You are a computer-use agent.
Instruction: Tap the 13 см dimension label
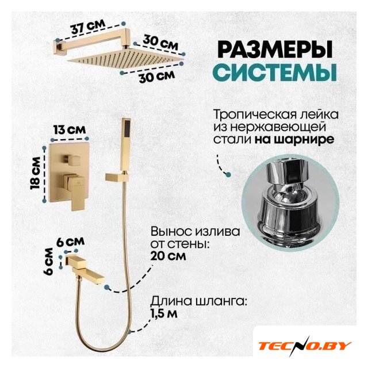pyautogui.click(x=70, y=129)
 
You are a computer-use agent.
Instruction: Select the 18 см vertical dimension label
pyautogui.click(x=36, y=173)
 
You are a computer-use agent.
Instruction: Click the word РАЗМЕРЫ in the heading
pyautogui.click(x=275, y=49)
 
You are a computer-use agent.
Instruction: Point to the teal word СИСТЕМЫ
pyautogui.click(x=276, y=72)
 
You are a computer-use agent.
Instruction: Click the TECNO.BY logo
pyautogui.click(x=305, y=346)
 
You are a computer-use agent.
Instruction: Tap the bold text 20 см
pyautogui.click(x=168, y=256)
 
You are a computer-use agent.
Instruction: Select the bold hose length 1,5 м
pyautogui.click(x=164, y=314)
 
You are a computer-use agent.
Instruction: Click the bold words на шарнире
pyautogui.click(x=294, y=139)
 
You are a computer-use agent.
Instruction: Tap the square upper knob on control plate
pyautogui.click(x=71, y=160)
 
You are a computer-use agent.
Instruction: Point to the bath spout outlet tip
pyautogui.click(x=102, y=279)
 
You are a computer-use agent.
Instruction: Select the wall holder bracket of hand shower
pyautogui.click(x=116, y=177)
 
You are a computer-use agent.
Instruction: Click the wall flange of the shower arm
pyautogui.click(x=57, y=47)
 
